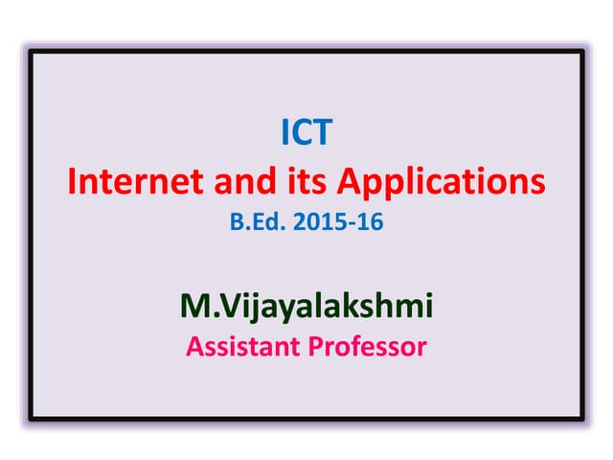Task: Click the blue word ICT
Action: click(x=306, y=133)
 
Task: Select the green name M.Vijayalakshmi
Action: click(x=306, y=307)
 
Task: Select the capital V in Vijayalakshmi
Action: click(x=219, y=306)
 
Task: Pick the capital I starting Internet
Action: click(x=72, y=181)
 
